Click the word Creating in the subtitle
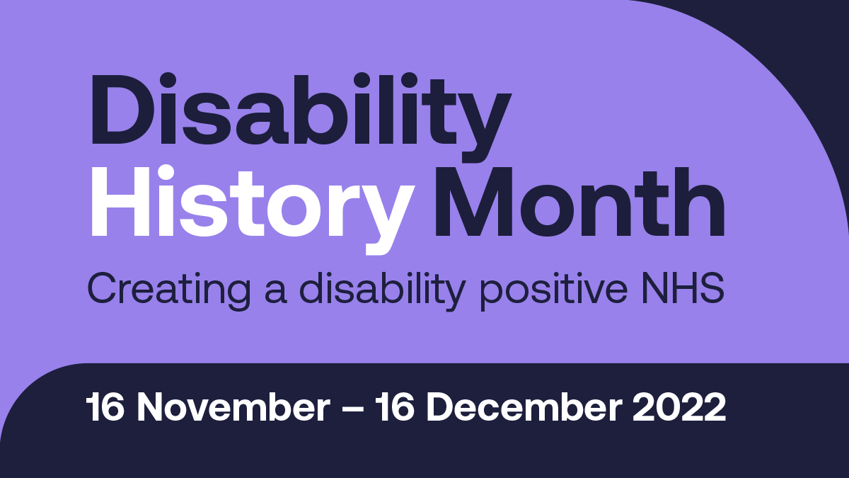tap(169, 291)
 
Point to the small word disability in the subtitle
tap(383, 291)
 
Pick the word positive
tap(554, 291)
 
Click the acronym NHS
tap(683, 288)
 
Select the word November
tap(233, 407)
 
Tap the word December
tap(524, 407)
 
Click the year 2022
tap(679, 407)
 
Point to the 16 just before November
tap(105, 407)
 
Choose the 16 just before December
tap(395, 407)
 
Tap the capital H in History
tap(120, 201)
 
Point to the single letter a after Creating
tap(275, 293)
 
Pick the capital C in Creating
tap(102, 288)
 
